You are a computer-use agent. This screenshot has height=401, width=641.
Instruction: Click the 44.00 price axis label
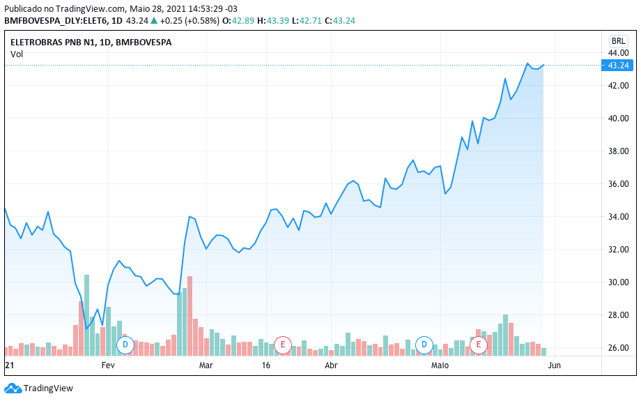click(x=619, y=53)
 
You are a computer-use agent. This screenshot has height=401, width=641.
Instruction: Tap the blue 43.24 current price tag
click(x=618, y=66)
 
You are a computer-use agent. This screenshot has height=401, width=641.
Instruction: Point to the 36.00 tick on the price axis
click(x=619, y=184)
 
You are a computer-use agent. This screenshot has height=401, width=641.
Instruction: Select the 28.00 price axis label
click(x=619, y=315)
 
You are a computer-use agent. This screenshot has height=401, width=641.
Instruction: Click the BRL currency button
click(x=618, y=40)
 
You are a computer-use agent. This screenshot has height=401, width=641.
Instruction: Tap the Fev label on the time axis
click(x=108, y=365)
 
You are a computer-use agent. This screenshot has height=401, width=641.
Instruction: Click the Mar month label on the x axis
click(x=206, y=365)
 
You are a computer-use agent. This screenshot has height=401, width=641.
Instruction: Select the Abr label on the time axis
click(x=332, y=365)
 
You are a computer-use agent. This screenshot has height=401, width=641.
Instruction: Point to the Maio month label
click(x=440, y=365)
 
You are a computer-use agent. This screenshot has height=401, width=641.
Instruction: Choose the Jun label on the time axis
click(x=554, y=365)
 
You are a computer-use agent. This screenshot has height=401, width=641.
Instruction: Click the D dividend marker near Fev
click(x=125, y=345)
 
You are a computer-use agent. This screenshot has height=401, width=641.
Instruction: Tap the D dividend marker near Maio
click(x=424, y=345)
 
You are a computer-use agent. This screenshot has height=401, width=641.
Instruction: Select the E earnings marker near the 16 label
click(x=282, y=345)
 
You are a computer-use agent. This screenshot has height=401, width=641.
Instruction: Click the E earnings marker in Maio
click(x=479, y=345)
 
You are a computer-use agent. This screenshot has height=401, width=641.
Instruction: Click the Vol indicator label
click(x=17, y=54)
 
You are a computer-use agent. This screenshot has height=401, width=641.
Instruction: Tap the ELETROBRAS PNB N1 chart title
click(x=91, y=43)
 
